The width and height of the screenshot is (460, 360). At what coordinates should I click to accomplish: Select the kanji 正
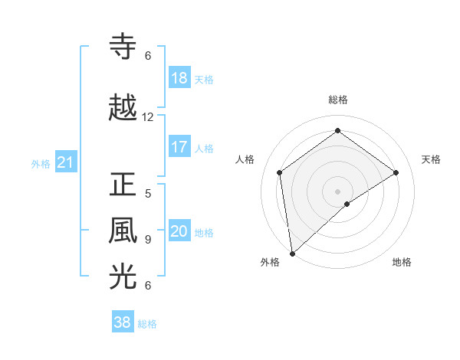pyautogui.click(x=124, y=185)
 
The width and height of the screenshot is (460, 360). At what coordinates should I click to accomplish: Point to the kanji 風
pyautogui.click(x=124, y=230)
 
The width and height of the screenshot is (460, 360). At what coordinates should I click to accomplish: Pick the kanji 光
pyautogui.click(x=124, y=277)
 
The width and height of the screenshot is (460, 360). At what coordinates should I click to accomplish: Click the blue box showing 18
pyautogui.click(x=179, y=79)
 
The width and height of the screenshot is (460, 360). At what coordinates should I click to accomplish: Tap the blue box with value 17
pyautogui.click(x=179, y=148)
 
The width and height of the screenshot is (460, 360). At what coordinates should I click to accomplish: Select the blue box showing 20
pyautogui.click(x=179, y=232)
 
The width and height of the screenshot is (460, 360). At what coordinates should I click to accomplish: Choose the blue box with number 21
pyautogui.click(x=65, y=163)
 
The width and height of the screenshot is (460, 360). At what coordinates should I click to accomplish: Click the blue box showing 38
pyautogui.click(x=123, y=323)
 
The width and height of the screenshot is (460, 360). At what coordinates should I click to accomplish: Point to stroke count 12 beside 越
pyautogui.click(x=148, y=117)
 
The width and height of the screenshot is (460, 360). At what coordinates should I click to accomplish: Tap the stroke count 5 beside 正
pyautogui.click(x=148, y=194)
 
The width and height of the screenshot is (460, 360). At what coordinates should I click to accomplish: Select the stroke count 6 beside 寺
pyautogui.click(x=148, y=56)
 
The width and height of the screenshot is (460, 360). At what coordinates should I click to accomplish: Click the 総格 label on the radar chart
pyautogui.click(x=337, y=100)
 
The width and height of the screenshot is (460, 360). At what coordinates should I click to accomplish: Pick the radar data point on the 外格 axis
pyautogui.click(x=291, y=254)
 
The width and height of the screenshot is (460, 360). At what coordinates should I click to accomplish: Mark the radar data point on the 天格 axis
pyautogui.click(x=396, y=172)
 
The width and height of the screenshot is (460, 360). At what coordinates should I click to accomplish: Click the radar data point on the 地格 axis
pyautogui.click(x=347, y=204)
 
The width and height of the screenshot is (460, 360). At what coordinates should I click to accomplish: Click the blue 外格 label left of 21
pyautogui.click(x=41, y=164)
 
